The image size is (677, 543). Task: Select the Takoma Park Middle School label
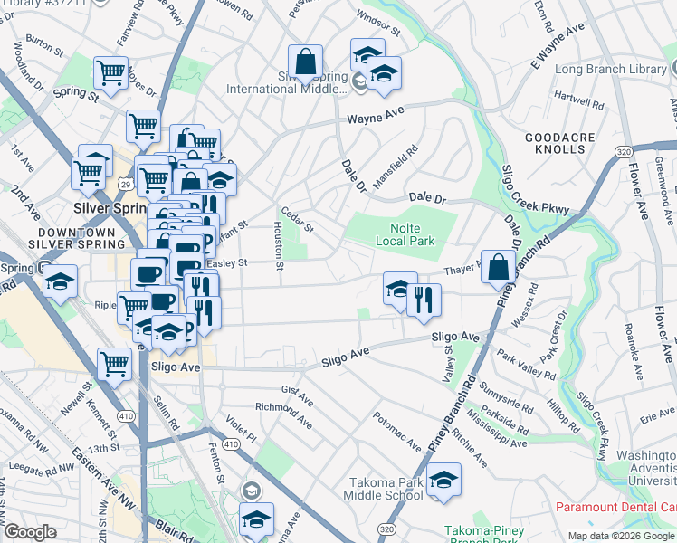click(x=383, y=489)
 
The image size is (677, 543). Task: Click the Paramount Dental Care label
click(x=615, y=507)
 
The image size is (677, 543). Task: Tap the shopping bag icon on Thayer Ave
click(x=498, y=267)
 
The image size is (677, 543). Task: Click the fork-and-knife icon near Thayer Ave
click(x=424, y=300)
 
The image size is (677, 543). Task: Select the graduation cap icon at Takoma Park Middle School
click(x=443, y=480)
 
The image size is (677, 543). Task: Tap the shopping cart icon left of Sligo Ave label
click(x=114, y=365)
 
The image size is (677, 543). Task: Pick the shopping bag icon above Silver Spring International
click(x=306, y=62)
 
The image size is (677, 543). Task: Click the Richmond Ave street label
click(x=284, y=415)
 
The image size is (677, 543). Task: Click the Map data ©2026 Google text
click(x=620, y=535)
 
